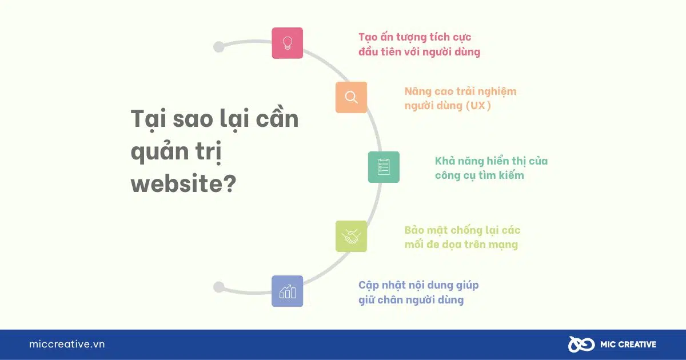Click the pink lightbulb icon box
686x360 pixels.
(x=287, y=43)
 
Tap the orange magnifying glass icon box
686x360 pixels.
(x=351, y=97)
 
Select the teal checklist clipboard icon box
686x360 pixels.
(x=384, y=167)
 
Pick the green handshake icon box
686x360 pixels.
(x=351, y=237)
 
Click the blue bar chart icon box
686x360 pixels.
(x=287, y=291)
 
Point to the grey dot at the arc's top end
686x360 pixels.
(x=218, y=47)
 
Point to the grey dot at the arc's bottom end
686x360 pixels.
(x=218, y=287)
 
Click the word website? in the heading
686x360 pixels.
(x=184, y=183)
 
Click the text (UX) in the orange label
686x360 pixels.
(x=478, y=106)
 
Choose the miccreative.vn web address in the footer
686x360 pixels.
(x=67, y=344)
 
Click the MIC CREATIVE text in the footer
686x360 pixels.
(x=628, y=345)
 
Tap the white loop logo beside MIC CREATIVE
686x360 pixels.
(x=581, y=345)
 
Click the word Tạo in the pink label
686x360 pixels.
(x=368, y=37)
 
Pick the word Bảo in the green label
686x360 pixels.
(x=414, y=230)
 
